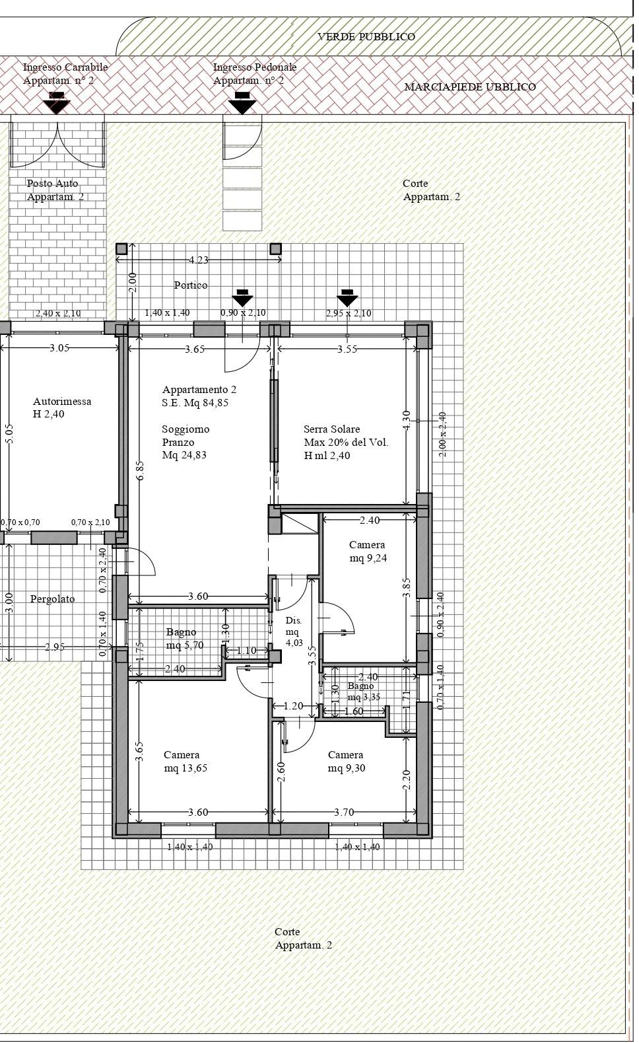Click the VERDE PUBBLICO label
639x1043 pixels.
366,37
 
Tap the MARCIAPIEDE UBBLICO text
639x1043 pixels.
470,87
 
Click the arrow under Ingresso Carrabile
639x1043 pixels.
56,103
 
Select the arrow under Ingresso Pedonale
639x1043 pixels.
242,103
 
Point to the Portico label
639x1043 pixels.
191,285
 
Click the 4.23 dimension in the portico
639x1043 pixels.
198,260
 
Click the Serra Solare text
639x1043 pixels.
332,429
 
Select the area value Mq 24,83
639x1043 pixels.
184,455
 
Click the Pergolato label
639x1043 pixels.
53,599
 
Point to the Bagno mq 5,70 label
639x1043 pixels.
185,638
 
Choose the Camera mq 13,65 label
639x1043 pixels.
185,762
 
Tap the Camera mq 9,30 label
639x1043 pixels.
347,762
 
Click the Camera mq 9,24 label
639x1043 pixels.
368,552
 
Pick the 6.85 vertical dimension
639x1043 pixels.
141,470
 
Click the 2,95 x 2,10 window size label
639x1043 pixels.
349,313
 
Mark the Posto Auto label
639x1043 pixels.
53,183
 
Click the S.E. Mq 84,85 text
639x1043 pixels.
195,403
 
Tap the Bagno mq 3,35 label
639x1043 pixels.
364,692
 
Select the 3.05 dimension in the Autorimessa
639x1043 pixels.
59,348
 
